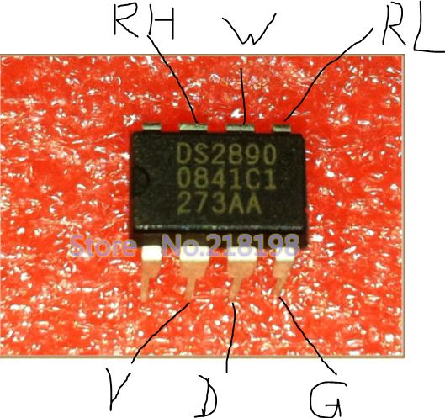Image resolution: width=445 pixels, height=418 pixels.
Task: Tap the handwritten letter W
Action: pyautogui.click(x=248, y=29)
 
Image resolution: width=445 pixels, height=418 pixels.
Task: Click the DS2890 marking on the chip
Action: pyautogui.click(x=226, y=154)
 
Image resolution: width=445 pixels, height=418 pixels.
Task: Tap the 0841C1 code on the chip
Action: pyautogui.click(x=226, y=180)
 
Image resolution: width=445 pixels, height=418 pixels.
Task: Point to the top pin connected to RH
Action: pyautogui.click(x=193, y=126)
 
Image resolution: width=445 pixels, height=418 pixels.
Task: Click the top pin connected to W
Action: pyautogui.click(x=240, y=128)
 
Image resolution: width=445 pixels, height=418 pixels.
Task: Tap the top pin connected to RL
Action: pyautogui.click(x=282, y=127)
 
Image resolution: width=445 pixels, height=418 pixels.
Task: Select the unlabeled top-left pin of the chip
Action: pyautogui.click(x=151, y=126)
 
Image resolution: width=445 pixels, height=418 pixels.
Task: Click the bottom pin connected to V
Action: pyautogui.click(x=193, y=272)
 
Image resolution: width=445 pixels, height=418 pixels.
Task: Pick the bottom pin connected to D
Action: pyautogui.click(x=241, y=273)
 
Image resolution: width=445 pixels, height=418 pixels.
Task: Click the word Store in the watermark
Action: pyautogui.click(x=103, y=245)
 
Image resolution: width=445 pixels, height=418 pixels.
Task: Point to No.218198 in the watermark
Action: pyautogui.click(x=231, y=245)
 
